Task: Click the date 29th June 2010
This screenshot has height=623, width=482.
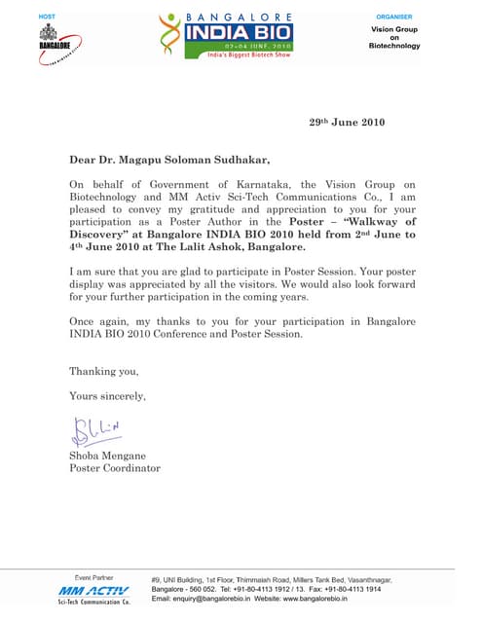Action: coord(347,123)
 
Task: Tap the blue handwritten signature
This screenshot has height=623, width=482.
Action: coord(96,427)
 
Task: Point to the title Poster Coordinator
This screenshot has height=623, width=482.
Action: coord(114,468)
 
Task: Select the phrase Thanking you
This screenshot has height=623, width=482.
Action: coord(103,371)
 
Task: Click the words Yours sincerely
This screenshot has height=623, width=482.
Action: coord(107,396)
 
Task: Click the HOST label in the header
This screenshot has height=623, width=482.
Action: coord(47,18)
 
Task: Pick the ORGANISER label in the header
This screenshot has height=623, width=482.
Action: coord(393,18)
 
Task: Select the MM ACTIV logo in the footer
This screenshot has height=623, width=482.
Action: coord(94,591)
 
